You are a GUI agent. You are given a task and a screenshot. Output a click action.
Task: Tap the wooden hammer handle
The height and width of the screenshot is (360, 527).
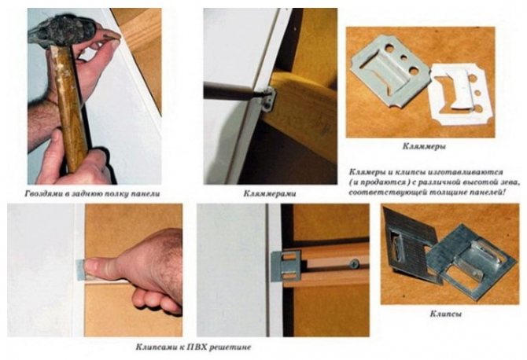(70, 108)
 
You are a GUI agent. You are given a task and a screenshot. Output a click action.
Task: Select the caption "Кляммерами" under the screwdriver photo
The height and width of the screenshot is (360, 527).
(270, 194)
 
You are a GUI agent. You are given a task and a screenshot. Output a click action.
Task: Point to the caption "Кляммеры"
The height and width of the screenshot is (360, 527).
(424, 147)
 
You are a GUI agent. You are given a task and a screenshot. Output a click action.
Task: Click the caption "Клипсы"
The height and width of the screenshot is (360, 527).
(446, 314)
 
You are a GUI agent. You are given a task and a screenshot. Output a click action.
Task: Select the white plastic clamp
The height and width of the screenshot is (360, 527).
(460, 94)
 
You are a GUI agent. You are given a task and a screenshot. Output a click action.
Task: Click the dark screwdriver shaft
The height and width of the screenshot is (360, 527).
(232, 92)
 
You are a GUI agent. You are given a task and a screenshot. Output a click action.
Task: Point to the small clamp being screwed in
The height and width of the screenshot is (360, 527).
(270, 99)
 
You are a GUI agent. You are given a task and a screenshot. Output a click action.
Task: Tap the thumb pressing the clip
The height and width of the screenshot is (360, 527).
(101, 269)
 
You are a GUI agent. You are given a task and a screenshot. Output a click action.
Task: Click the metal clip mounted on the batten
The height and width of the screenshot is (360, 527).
(286, 266)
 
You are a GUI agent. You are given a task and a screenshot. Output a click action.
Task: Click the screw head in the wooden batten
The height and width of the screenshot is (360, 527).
(354, 264)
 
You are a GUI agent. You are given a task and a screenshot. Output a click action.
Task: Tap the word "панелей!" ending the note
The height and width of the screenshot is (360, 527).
(485, 193)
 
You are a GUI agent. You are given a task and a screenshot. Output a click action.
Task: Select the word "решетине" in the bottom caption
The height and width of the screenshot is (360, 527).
(230, 347)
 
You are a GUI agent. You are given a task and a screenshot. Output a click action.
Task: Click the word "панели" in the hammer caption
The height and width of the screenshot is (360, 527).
(146, 194)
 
